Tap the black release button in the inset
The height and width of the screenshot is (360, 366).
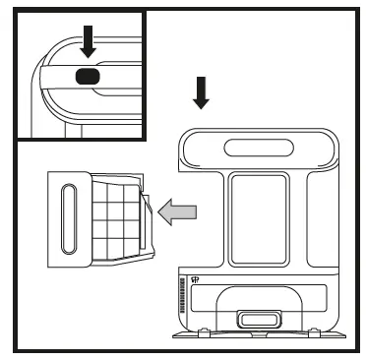[87, 76]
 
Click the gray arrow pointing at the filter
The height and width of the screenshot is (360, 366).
[178, 210]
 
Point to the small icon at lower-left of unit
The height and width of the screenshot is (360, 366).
[195, 278]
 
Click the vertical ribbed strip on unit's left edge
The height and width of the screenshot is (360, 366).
[183, 295]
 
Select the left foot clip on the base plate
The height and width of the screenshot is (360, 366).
[205, 334]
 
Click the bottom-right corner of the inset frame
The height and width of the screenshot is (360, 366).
[145, 139]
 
